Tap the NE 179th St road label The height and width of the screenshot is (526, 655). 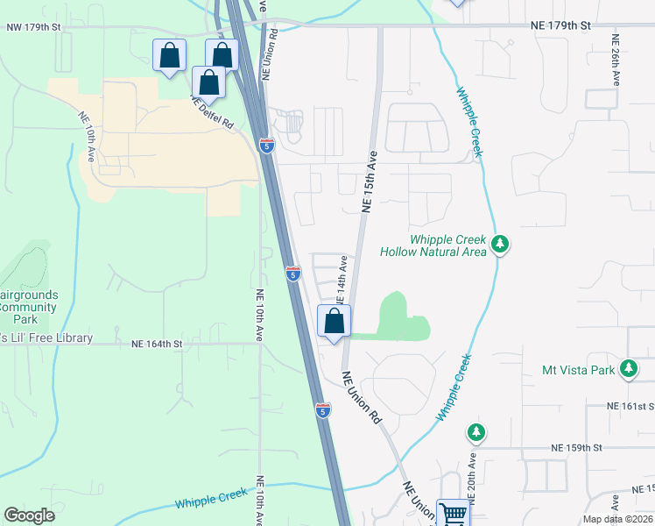point(560,25)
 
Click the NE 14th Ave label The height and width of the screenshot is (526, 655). point(342,279)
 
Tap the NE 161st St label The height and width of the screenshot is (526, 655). point(630,407)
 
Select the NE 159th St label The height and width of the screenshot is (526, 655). point(577,447)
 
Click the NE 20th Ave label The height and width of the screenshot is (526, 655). point(472,478)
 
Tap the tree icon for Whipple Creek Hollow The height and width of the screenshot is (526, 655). point(499,244)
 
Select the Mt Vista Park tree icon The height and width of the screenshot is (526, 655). point(628,370)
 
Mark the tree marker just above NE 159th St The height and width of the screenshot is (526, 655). point(475,432)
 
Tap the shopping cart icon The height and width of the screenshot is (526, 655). point(453,513)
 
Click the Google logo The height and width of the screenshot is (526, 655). point(29,515)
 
